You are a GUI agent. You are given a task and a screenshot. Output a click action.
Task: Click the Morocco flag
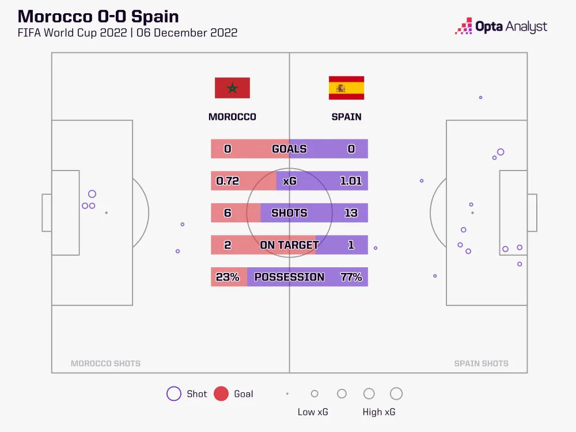click(x=232, y=88)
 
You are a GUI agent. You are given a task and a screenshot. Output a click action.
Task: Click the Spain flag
click(x=346, y=88)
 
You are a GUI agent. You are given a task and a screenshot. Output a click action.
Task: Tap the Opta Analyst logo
click(x=501, y=26)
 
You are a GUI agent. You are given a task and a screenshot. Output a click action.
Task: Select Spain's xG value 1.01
click(x=351, y=181)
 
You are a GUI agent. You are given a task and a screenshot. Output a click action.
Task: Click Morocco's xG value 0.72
click(x=228, y=181)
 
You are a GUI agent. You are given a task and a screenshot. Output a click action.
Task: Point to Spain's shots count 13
click(x=351, y=213)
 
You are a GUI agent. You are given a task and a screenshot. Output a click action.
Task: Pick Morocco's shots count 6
click(x=228, y=213)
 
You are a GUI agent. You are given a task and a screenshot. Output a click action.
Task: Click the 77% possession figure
click(x=351, y=277)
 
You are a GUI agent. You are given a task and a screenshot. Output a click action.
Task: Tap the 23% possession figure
click(x=228, y=277)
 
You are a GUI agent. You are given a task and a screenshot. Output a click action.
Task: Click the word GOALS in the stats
click(x=289, y=149)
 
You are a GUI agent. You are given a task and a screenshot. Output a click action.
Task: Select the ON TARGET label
click(x=289, y=245)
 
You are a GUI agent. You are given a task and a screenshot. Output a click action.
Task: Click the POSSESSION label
click(x=289, y=277)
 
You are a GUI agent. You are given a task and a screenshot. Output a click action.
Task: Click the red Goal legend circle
click(x=221, y=394)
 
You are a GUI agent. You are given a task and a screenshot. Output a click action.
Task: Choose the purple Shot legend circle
click(x=173, y=394)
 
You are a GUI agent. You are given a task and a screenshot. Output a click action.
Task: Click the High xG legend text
click(x=379, y=412)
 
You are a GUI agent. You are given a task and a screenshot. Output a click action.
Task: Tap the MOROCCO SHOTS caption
click(x=105, y=363)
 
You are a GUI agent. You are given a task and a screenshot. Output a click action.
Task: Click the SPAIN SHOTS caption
click(x=481, y=363)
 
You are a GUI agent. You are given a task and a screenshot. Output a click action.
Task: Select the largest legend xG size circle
click(x=396, y=394)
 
